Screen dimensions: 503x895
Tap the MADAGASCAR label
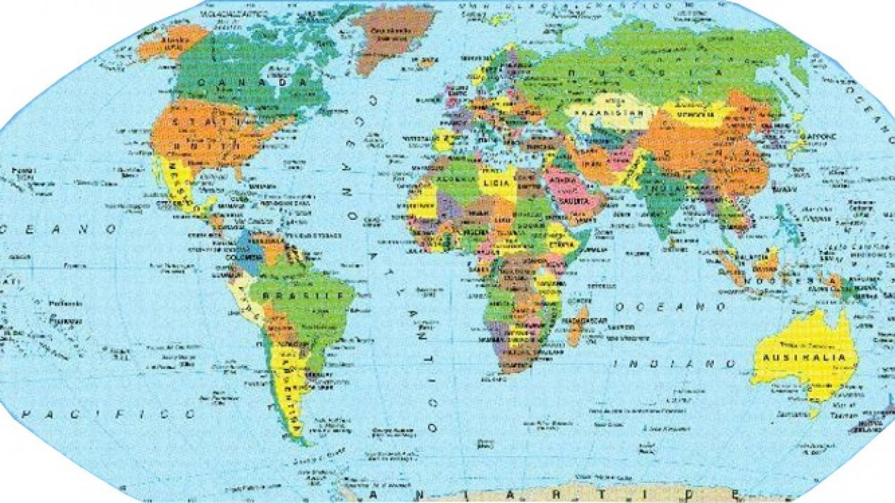(x=584, y=321)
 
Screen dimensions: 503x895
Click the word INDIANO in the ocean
(x=675, y=363)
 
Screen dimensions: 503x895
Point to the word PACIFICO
(x=108, y=414)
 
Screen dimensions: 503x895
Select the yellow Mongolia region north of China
(x=692, y=112)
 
